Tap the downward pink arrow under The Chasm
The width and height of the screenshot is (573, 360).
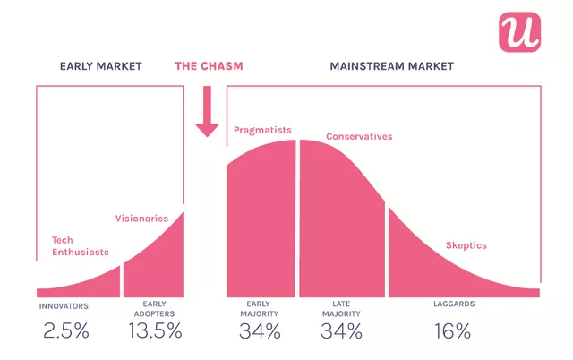point(208,112)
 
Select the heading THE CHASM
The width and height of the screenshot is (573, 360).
point(209,66)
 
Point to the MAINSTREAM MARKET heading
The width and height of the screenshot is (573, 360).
point(391,66)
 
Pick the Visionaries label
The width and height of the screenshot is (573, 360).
point(141,218)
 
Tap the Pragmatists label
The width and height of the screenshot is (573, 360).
point(263,130)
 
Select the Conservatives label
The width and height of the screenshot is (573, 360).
point(359,136)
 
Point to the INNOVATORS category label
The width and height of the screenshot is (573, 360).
point(64,305)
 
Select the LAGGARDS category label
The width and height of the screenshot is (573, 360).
point(452,304)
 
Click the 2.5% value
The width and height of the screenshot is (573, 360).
point(65,330)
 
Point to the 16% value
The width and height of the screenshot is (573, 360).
point(451,330)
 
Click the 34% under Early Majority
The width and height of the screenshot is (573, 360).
point(260,330)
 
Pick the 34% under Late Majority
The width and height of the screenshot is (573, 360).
point(341,330)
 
